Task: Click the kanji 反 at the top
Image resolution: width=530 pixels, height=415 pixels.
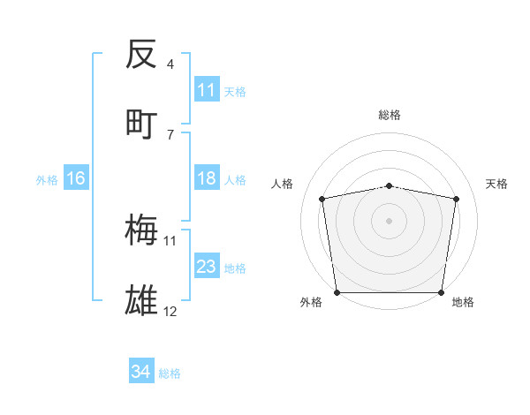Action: (141, 55)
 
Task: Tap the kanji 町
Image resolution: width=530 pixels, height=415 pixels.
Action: (141, 124)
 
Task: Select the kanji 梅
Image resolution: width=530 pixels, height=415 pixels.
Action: (141, 230)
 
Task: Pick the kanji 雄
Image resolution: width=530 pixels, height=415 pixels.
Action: (141, 300)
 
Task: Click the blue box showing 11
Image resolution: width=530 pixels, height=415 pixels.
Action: (207, 90)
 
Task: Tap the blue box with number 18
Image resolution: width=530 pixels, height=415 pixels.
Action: (207, 179)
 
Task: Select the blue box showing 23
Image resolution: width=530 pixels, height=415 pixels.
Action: (207, 268)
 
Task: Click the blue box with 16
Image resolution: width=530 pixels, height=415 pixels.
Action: (76, 179)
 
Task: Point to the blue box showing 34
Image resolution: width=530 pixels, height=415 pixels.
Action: (141, 373)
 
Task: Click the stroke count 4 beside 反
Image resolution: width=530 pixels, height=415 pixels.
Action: (170, 64)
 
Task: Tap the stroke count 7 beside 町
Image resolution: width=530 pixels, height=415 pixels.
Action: (170, 134)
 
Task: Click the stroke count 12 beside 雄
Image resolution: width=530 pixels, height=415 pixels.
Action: (170, 311)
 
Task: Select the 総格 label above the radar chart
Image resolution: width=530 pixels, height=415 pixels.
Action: (390, 115)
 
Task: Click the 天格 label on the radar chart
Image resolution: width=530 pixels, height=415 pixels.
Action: (496, 184)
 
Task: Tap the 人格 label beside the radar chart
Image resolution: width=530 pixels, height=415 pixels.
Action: (283, 184)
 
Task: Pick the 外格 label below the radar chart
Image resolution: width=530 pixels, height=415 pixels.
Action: (311, 302)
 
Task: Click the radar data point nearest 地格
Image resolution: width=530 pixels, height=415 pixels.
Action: (442, 292)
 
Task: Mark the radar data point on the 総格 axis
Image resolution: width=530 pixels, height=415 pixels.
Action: (390, 185)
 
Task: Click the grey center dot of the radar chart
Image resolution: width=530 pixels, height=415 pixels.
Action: (390, 220)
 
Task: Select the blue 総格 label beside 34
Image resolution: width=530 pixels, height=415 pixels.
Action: (170, 373)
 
